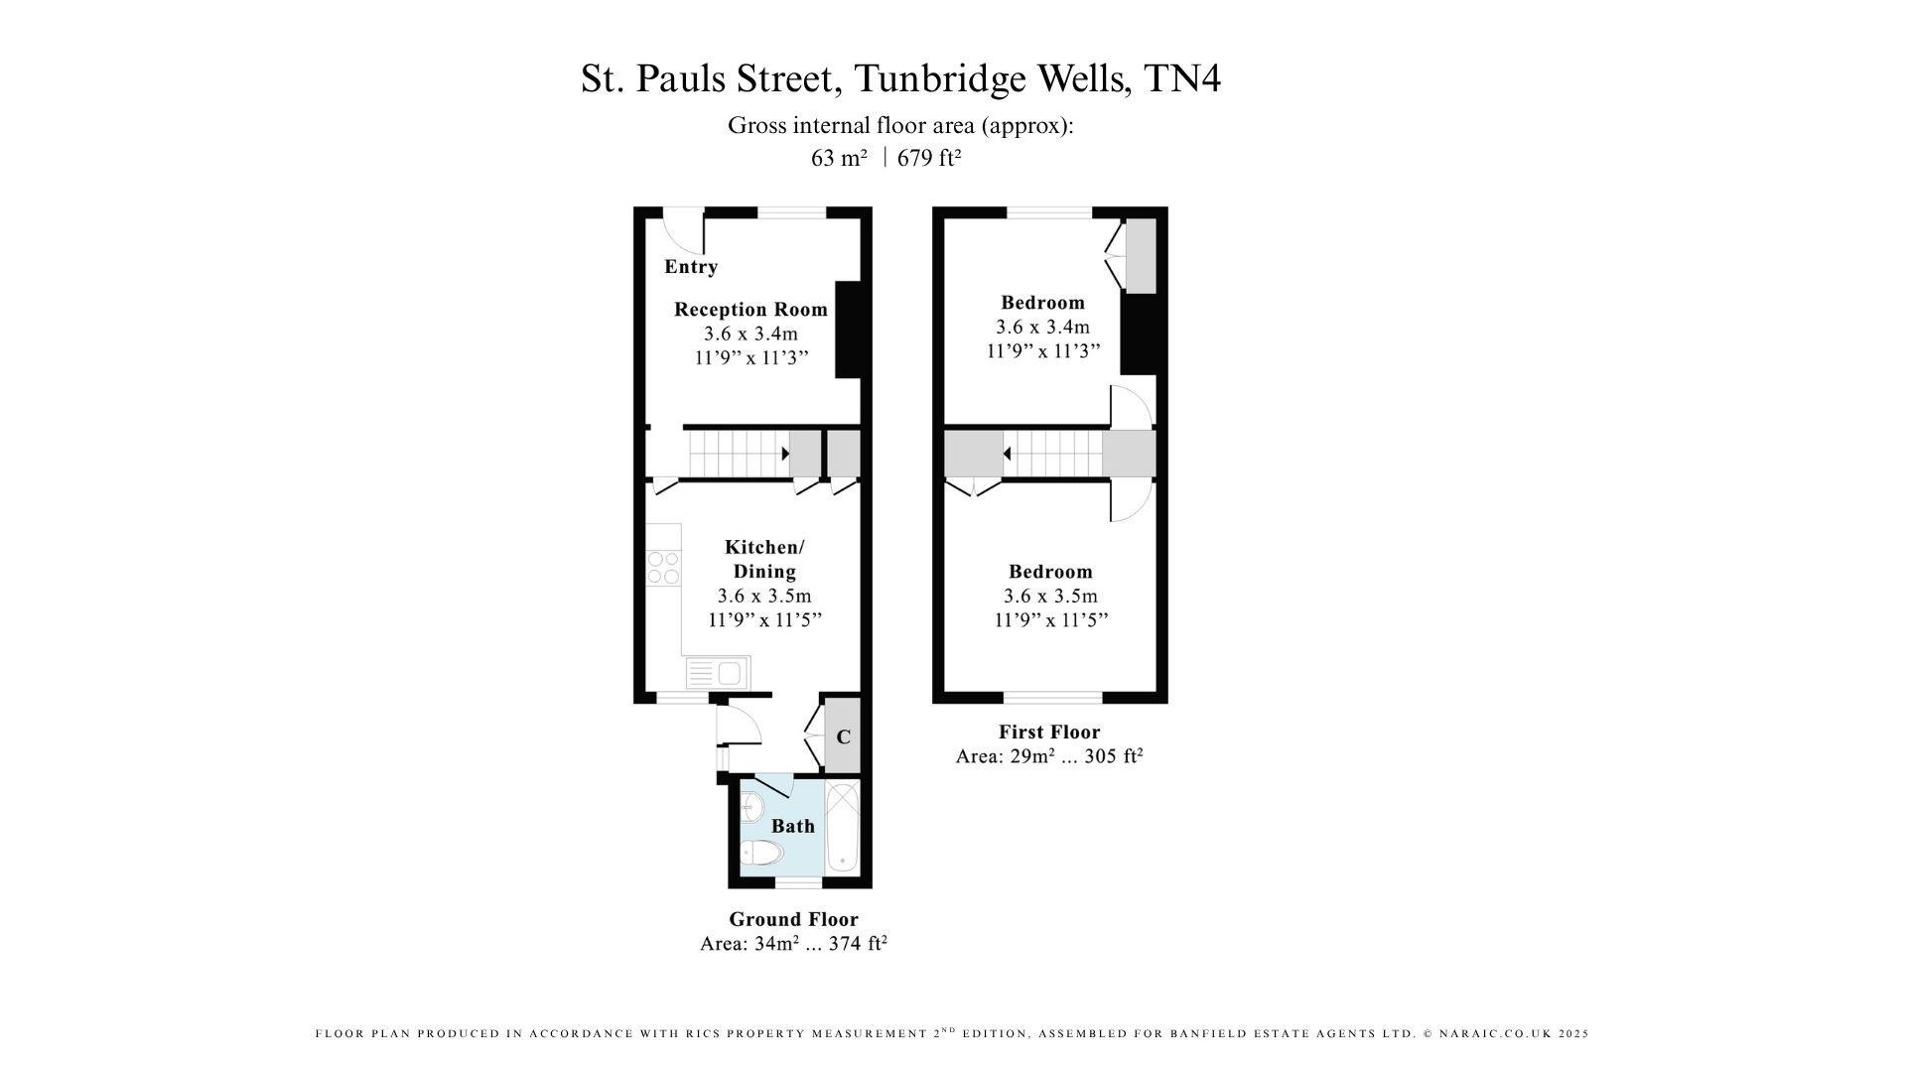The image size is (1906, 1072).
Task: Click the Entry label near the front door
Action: coord(691,266)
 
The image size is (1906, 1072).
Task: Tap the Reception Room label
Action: coord(750,309)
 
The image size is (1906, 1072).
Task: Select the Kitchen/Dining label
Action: coord(764,559)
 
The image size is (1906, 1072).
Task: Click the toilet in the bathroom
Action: coord(761,853)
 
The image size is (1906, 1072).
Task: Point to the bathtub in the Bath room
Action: coord(843,827)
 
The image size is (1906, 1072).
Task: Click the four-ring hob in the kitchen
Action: coord(663,568)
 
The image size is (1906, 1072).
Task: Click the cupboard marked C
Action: coord(843,737)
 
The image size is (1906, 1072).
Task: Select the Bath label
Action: coord(793,826)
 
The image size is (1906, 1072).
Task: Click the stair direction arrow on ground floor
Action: coord(785,454)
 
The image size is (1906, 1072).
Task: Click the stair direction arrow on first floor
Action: coord(1007,454)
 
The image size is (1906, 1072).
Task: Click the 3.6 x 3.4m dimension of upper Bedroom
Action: coord(1042,327)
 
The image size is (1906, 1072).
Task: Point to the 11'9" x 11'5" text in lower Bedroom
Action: coord(1050,620)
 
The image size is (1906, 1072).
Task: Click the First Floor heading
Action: coord(1049,732)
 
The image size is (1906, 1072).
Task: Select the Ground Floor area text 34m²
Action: coord(775,944)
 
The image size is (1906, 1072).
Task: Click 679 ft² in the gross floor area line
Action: coord(929,158)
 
